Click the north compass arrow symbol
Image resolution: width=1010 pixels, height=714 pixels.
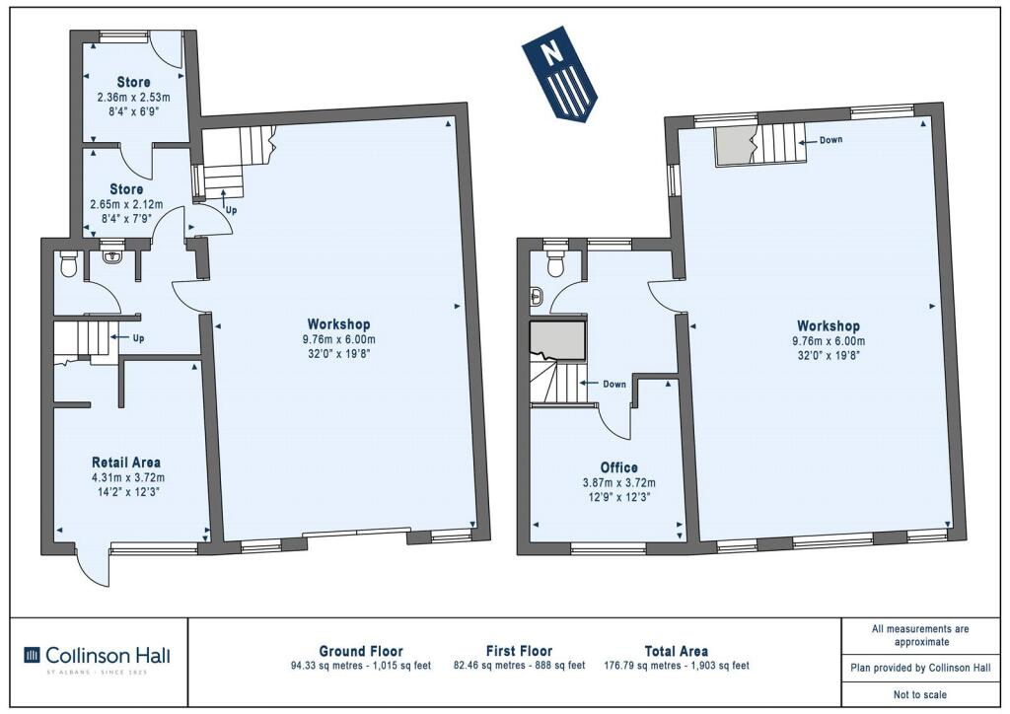(x=560, y=73)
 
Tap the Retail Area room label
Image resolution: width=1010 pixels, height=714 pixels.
(x=126, y=463)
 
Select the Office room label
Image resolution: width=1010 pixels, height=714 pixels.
(x=619, y=467)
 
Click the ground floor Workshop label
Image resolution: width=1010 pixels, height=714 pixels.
(x=339, y=324)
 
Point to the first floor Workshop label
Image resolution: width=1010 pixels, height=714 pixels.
(x=829, y=325)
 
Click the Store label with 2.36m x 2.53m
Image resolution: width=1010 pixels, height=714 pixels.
(x=134, y=83)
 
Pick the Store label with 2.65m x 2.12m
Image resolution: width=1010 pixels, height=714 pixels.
(x=126, y=189)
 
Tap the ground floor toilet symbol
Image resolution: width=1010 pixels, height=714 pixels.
(x=68, y=263)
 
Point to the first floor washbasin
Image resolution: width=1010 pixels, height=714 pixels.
(x=538, y=298)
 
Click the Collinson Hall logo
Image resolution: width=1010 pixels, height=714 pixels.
(x=98, y=656)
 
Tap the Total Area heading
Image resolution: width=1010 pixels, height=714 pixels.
(x=677, y=651)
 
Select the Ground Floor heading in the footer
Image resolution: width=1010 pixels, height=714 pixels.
(x=361, y=651)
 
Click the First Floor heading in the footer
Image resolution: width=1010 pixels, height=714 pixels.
(x=519, y=651)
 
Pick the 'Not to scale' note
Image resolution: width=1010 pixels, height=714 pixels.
(x=920, y=694)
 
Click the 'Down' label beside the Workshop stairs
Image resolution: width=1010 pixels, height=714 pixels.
(x=830, y=140)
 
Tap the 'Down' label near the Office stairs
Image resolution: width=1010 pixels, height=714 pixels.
(x=614, y=385)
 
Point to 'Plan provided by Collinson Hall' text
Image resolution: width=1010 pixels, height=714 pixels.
(x=920, y=668)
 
